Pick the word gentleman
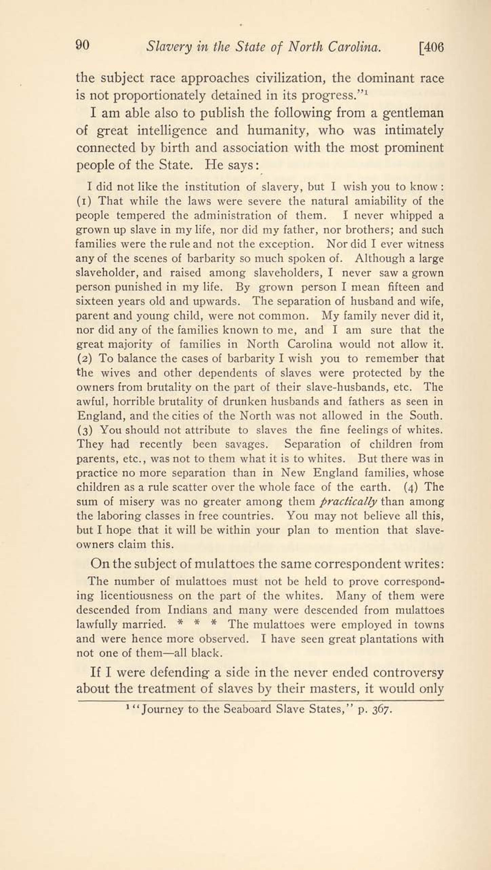point(413,113)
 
